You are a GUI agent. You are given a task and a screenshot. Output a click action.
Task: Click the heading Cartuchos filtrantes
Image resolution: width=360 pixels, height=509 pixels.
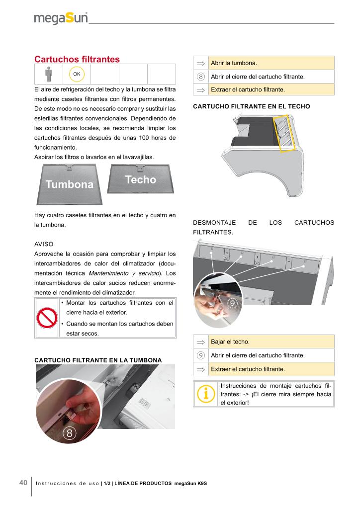pyautogui.click(x=77, y=59)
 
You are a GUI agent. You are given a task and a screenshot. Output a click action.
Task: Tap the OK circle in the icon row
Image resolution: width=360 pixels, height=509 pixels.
pyautogui.click(x=77, y=74)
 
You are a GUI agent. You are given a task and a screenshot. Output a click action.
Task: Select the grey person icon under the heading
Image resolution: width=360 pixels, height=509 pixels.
pyautogui.click(x=48, y=74)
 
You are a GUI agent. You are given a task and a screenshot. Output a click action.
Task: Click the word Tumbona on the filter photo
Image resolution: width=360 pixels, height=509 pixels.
pyautogui.click(x=69, y=184)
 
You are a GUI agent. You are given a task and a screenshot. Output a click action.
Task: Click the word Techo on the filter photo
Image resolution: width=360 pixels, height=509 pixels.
pyautogui.click(x=141, y=179)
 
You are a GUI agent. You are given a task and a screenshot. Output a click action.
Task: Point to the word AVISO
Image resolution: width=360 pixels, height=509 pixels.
pyautogui.click(x=44, y=245)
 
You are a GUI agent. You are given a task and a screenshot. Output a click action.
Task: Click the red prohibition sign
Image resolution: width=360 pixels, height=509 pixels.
pyautogui.click(x=47, y=318)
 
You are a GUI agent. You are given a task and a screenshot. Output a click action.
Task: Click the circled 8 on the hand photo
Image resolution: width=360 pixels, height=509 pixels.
pyautogui.click(x=70, y=433)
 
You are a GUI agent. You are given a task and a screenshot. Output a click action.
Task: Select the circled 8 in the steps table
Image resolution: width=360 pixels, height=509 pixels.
pyautogui.click(x=201, y=77)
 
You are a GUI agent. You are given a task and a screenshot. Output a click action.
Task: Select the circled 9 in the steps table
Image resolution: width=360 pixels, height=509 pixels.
pyautogui.click(x=201, y=355)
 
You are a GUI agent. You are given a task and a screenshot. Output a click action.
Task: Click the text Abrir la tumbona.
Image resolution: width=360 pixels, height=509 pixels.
pyautogui.click(x=234, y=63)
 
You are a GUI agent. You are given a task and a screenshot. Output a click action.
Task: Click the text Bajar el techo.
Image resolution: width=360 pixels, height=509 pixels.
pyautogui.click(x=230, y=342)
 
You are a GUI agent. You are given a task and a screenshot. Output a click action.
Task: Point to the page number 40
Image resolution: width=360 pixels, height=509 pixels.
pyautogui.click(x=23, y=483)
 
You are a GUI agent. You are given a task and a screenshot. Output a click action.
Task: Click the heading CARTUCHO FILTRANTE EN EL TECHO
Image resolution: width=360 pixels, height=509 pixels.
pyautogui.click(x=251, y=106)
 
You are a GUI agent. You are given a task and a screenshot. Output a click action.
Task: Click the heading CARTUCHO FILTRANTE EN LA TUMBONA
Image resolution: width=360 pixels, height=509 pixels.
pyautogui.click(x=97, y=359)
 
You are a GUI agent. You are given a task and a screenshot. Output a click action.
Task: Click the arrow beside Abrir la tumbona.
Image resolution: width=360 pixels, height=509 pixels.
pyautogui.click(x=201, y=63)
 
